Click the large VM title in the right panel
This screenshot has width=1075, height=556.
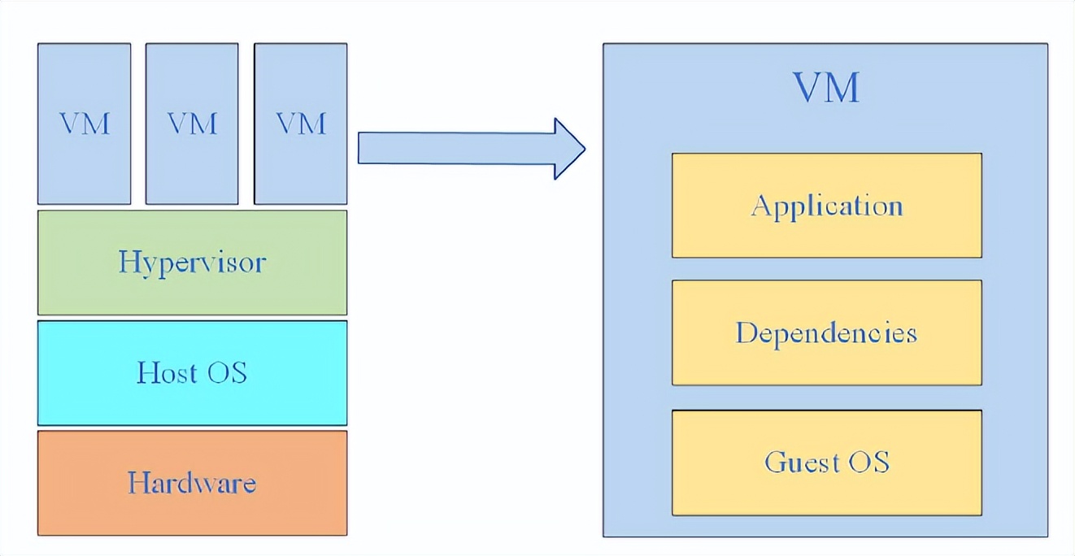826,87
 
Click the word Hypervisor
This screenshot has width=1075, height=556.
192,263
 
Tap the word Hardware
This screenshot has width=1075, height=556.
192,483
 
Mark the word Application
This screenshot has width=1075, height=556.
826,206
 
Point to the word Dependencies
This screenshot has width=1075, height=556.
826,333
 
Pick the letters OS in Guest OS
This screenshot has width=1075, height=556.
868,463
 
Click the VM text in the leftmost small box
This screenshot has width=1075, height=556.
84,124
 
